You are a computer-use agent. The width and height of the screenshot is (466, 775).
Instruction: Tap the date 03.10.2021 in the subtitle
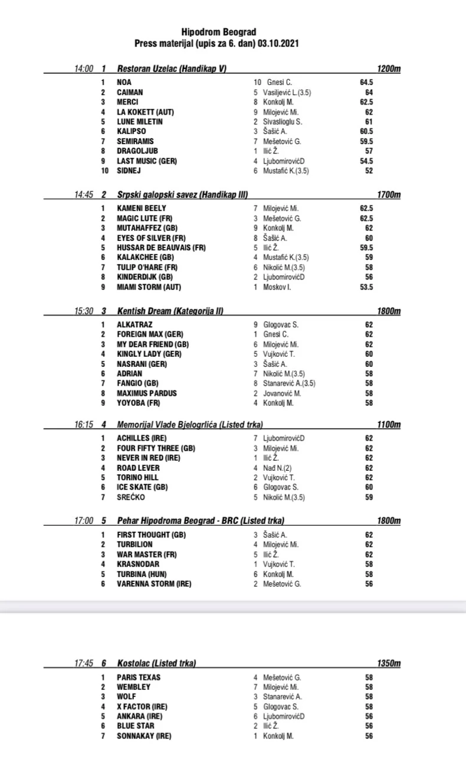(280, 43)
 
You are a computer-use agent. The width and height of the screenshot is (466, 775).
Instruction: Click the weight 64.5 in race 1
(366, 83)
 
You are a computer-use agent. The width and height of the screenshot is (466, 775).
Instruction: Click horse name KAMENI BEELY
(142, 209)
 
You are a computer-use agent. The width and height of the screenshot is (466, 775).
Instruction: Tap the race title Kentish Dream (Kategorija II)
(170, 311)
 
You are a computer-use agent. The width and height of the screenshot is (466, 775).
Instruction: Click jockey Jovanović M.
(282, 393)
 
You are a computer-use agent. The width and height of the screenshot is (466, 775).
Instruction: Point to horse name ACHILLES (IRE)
(142, 438)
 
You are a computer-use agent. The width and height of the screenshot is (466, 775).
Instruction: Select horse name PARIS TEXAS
(139, 678)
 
